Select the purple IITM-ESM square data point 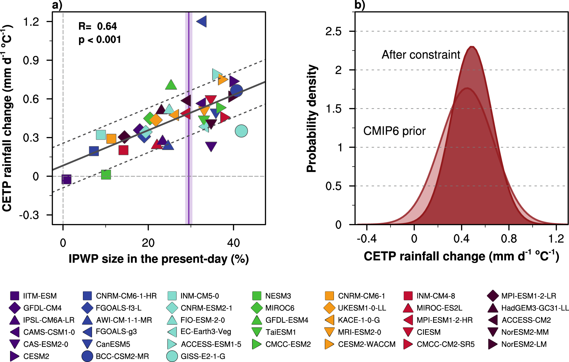point(66,179)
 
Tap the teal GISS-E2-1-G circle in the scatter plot point(241,131)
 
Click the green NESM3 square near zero point(106,175)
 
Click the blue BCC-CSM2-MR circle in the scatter point(236,91)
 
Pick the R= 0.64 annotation point(98,26)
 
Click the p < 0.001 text point(100,40)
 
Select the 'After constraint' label point(421,55)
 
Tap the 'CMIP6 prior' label point(394,131)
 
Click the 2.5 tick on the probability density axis point(334,31)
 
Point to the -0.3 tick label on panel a point(29,215)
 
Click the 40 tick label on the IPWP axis point(233,243)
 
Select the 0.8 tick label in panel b point(509,239)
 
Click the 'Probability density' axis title point(312,119)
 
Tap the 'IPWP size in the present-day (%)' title point(159,259)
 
